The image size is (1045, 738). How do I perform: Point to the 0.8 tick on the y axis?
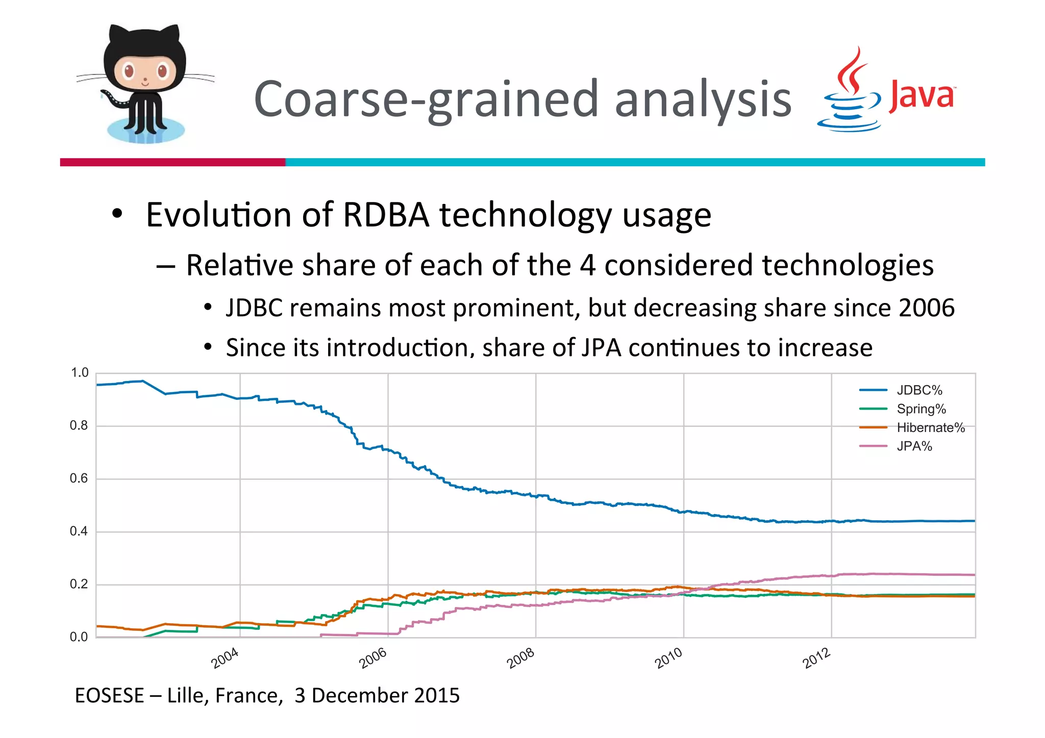79,425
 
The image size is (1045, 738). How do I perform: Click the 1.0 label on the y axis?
79,373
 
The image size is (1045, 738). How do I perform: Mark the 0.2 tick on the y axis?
79,584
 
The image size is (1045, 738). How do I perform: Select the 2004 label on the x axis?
225,658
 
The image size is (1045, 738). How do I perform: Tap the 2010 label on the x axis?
668,658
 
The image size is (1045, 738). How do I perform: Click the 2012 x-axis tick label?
816,658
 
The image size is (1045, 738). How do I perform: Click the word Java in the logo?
921,96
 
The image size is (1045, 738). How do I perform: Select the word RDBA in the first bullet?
386,215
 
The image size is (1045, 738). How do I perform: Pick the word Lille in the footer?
186,696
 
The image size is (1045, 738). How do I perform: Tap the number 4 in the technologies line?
587,266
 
